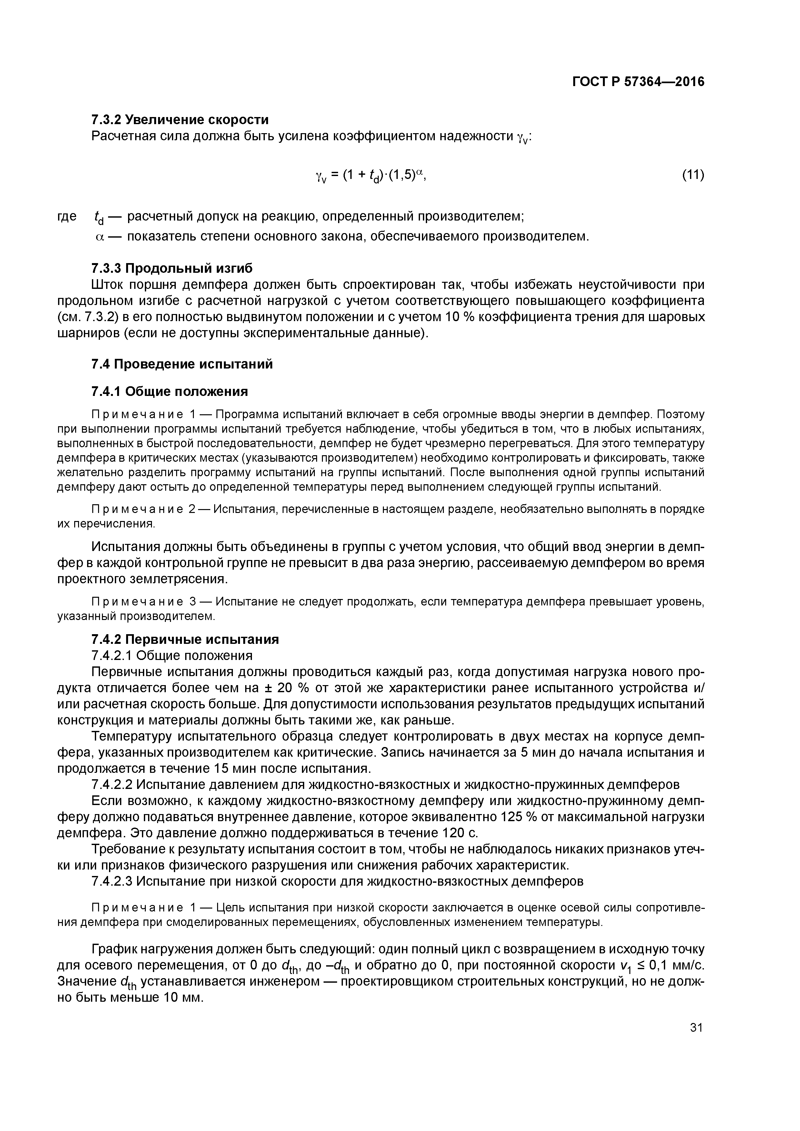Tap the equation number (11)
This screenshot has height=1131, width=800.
point(693,174)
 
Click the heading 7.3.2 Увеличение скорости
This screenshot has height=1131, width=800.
point(180,120)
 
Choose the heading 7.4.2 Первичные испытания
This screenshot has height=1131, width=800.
point(185,639)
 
